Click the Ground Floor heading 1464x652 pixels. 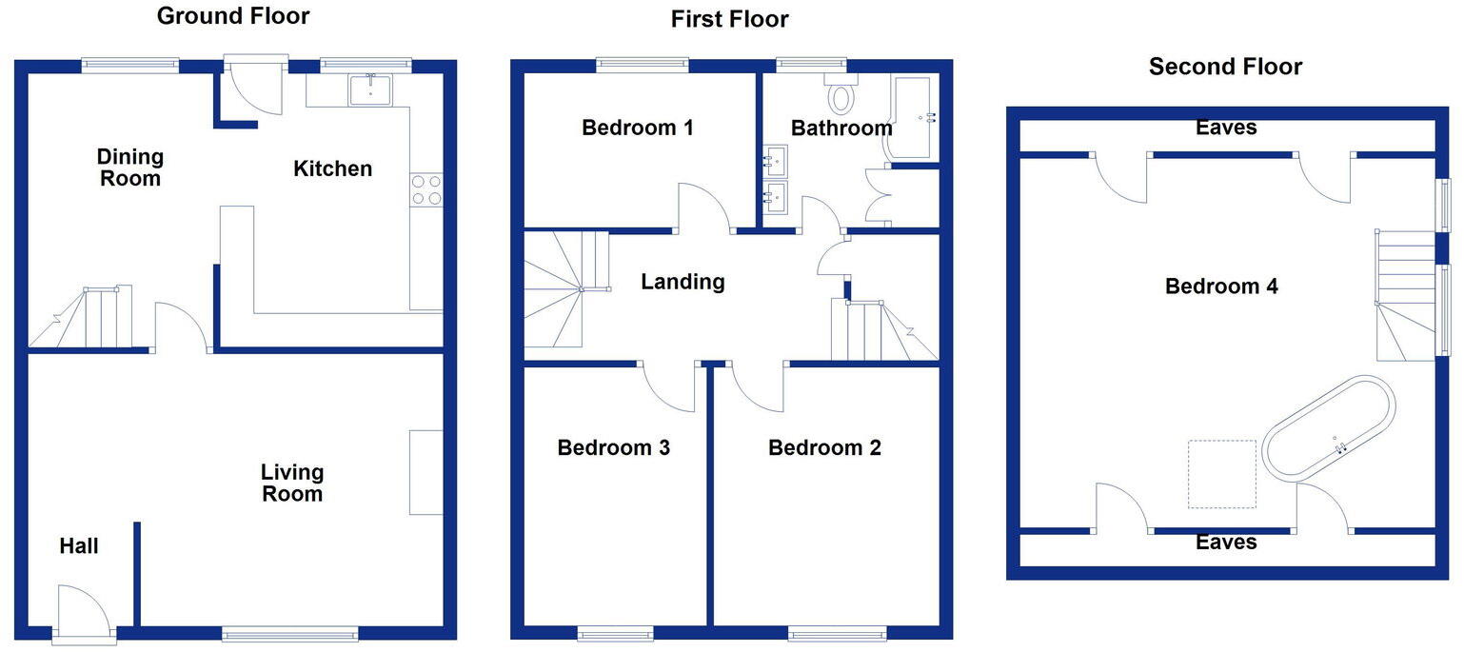tap(233, 15)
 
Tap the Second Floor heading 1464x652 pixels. tap(1225, 66)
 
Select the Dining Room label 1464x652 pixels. tap(130, 167)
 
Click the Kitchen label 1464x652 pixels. tap(332, 169)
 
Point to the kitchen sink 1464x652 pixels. tap(369, 89)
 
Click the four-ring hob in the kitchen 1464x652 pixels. tap(426, 189)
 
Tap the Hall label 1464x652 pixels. tap(79, 546)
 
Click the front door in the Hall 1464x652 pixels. tap(84, 614)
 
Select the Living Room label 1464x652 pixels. tap(292, 483)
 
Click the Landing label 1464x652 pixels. tap(683, 282)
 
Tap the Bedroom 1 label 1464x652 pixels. tap(638, 128)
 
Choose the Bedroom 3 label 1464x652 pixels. tap(614, 447)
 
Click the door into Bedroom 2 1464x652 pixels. tap(756, 385)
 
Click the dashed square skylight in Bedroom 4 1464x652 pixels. tap(1221, 474)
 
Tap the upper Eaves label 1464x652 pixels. tap(1226, 128)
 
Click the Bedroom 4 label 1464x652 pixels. tap(1221, 286)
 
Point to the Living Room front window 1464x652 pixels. tap(290, 634)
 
